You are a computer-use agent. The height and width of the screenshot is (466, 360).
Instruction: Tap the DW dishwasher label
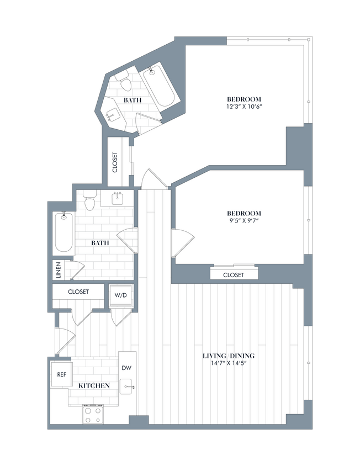pos(126,368)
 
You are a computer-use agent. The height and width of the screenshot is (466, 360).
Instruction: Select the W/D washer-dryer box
pos(120,295)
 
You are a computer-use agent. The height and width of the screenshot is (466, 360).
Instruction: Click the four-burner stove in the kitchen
pos(93,414)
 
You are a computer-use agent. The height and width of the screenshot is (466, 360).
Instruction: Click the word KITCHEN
pos(93,385)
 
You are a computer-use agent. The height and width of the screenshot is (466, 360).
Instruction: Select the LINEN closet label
pos(57,270)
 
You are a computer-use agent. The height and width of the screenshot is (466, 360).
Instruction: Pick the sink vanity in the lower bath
pos(117,198)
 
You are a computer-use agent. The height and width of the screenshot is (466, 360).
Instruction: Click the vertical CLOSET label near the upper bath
pos(115,162)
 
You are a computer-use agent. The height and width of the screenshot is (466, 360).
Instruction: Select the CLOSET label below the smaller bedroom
pos(234,275)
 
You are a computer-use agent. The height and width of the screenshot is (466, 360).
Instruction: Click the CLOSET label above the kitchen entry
pos(78,292)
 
